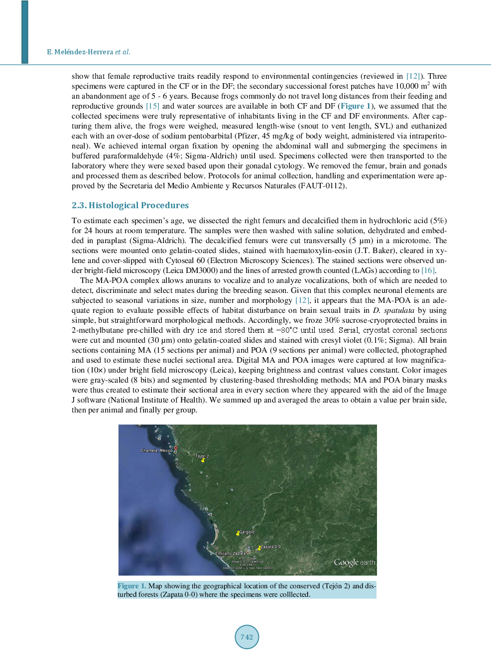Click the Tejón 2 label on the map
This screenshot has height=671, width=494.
[202, 456]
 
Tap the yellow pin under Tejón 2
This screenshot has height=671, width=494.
[203, 461]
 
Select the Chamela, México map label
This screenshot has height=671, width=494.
[156, 450]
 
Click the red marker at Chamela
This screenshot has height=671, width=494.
[175, 449]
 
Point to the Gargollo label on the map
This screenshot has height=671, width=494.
[247, 532]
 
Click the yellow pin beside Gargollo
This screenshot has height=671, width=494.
[238, 534]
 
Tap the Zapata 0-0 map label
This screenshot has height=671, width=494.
[271, 546]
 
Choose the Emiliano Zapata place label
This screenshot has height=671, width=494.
[230, 553]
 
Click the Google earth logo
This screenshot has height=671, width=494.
[354, 562]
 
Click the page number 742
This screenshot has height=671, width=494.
[247, 637]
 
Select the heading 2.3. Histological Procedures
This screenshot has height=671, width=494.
[130, 205]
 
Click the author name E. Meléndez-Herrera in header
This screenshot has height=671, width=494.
[80, 52]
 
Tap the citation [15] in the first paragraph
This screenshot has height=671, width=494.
[152, 106]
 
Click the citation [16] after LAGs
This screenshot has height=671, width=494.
[428, 270]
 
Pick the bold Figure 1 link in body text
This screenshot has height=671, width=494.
[356, 106]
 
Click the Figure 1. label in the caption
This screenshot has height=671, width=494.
[131, 586]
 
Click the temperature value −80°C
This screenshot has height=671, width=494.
[287, 330]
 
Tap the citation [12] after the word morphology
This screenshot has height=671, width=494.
[302, 300]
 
